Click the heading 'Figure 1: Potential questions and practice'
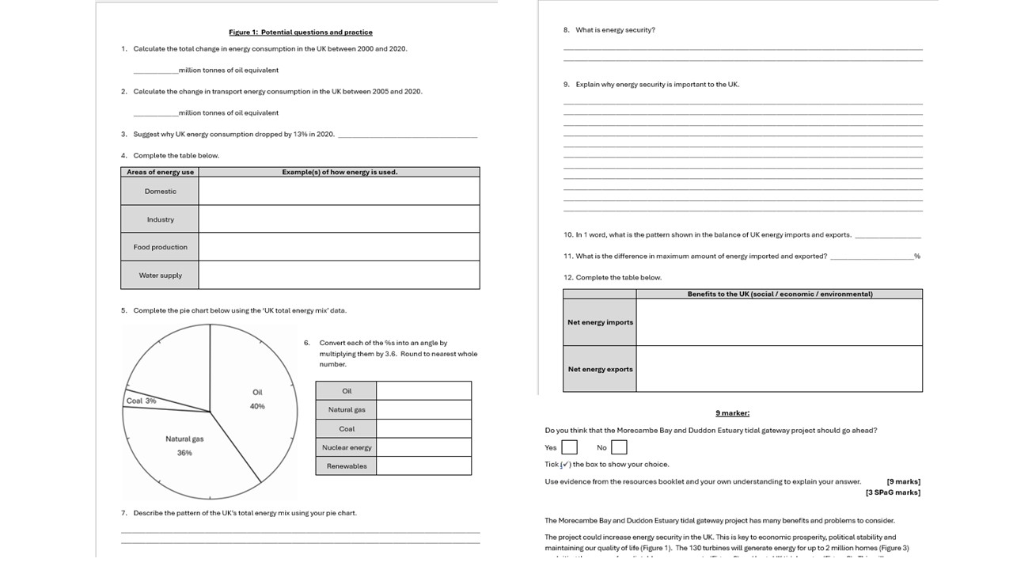point(300,32)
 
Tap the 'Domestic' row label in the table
point(160,192)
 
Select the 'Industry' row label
point(160,219)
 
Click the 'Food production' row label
point(160,247)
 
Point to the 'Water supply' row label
point(160,275)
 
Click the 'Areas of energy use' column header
point(160,172)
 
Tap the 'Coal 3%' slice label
point(141,401)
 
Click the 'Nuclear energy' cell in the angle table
point(347,447)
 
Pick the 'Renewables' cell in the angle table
point(347,466)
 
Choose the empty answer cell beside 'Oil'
point(423,391)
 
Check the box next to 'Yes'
point(569,447)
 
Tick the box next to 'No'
point(619,447)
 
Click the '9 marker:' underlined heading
point(732,412)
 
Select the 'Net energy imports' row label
point(600,322)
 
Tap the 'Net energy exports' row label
point(600,369)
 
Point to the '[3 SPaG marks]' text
point(893,492)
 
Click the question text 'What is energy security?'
point(615,30)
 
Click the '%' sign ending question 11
point(917,256)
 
